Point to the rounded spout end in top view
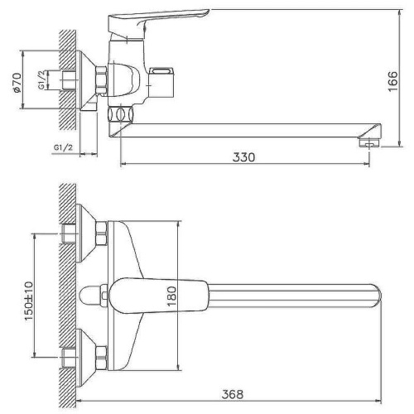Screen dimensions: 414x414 (377, 295)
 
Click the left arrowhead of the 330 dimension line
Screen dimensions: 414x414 (125, 163)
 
